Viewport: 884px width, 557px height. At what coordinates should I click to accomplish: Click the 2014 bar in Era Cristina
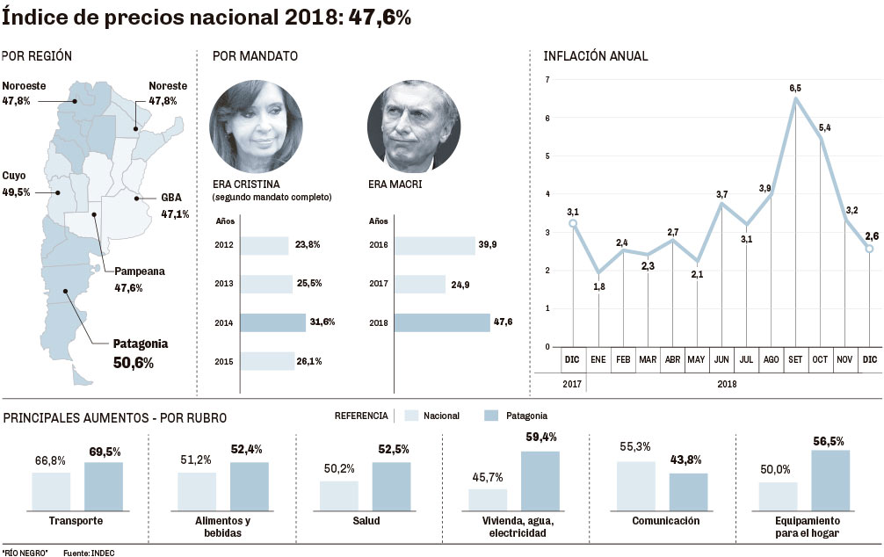[x=272, y=322]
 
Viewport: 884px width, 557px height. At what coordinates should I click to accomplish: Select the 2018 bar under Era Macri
[x=442, y=322]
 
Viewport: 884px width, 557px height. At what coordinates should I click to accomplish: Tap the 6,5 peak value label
[x=795, y=88]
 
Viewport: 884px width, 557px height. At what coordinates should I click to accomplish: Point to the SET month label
[x=795, y=359]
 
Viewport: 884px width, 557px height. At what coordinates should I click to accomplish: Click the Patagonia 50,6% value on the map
[x=133, y=362]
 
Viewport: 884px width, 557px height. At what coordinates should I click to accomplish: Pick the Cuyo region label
[x=15, y=175]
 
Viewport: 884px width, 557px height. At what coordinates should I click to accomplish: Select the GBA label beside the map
[x=171, y=197]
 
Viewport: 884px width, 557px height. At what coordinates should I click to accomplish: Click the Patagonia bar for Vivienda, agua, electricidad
[x=540, y=481]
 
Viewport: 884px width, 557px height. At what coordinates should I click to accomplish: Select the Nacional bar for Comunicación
[x=635, y=485]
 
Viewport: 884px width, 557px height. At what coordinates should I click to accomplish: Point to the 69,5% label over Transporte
[x=105, y=452]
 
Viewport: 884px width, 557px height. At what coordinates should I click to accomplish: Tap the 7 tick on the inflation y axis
[x=547, y=80]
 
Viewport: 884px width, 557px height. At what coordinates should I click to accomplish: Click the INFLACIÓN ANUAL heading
[x=595, y=56]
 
